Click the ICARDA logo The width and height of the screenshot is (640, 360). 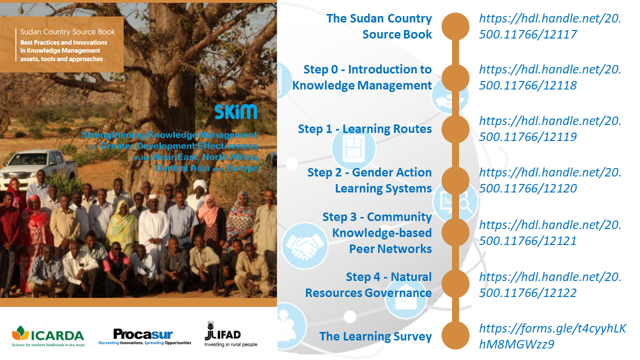[48, 336]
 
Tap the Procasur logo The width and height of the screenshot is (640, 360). [144, 336]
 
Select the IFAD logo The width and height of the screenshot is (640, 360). [231, 334]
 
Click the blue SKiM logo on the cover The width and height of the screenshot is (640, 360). [236, 111]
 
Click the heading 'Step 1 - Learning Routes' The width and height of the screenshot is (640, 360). [364, 129]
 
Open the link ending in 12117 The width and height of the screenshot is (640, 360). [550, 26]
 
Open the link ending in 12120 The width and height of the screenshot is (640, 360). [550, 180]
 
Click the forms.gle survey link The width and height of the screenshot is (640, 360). [552, 336]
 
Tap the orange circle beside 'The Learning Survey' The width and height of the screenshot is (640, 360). [455, 335]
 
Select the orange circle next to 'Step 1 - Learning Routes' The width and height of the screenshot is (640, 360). [455, 129]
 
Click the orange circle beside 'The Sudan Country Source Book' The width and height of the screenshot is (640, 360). [455, 26]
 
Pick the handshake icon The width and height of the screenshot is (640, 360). [304, 245]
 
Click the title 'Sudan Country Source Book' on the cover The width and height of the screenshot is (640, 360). [67, 31]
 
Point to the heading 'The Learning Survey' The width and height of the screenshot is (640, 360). [375, 336]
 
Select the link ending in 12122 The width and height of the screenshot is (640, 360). [550, 285]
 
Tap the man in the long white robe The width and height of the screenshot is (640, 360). [153, 225]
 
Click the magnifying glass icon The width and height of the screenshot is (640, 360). [463, 204]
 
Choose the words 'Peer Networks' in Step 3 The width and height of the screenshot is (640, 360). [390, 249]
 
